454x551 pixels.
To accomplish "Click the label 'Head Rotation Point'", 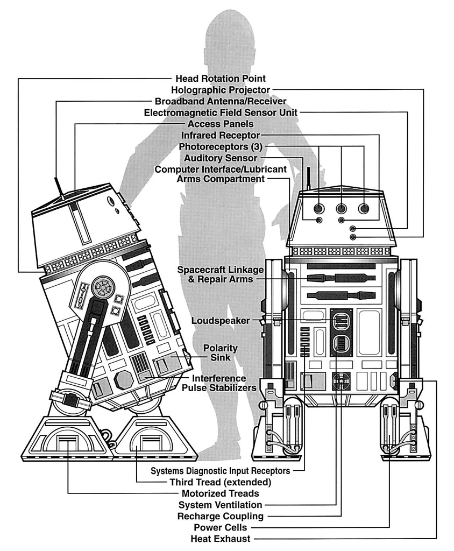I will point(221,79).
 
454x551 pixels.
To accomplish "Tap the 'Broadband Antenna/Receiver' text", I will point(221,101).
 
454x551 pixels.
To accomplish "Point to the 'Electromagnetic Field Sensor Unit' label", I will point(221,113).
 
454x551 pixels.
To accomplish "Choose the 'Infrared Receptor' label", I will point(221,135).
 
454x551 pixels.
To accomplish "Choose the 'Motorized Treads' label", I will point(221,493).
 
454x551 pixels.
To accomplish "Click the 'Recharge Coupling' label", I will point(221,516).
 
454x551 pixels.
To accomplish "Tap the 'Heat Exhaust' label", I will point(221,539).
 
